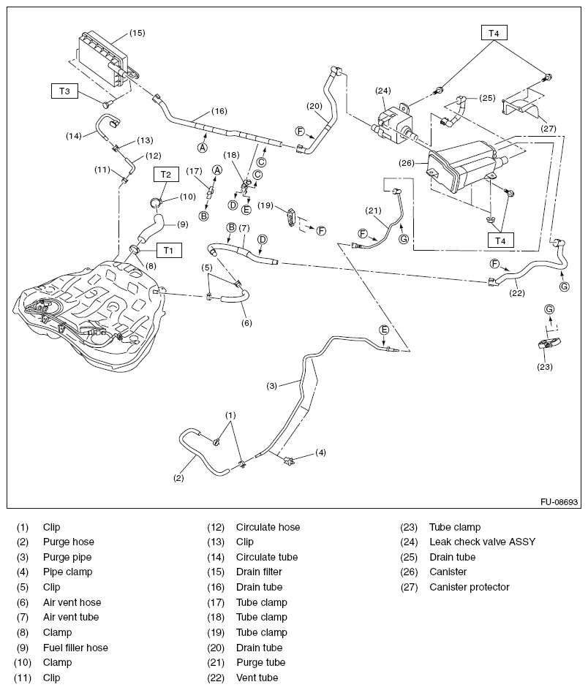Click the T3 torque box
[x=64, y=91]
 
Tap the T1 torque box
[x=168, y=250]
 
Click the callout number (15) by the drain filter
[x=137, y=33]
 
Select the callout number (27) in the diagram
[x=549, y=128]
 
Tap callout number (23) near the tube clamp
[x=543, y=368]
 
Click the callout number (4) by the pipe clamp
[x=320, y=452]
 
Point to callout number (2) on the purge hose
[x=178, y=479]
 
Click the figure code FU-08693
[x=559, y=503]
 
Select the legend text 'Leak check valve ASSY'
[x=482, y=542]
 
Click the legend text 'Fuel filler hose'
[x=75, y=648]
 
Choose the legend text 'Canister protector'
[x=469, y=587]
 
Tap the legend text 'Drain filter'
[x=259, y=572]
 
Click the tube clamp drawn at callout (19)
[x=293, y=217]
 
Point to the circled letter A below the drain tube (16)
[x=202, y=147]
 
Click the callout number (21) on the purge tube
[x=374, y=212]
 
